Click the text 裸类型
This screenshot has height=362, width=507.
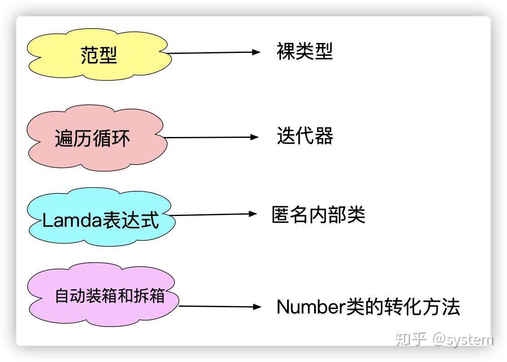pos(305,52)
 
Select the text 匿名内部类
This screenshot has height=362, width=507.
pos(318,215)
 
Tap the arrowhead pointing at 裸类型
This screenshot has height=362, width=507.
pos(256,52)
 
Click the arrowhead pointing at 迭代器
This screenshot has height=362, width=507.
pos(255,137)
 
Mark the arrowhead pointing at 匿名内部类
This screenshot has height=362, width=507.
pos(253,214)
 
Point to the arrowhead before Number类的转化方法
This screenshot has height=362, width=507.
pos(257,307)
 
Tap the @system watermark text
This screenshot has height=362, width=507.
pos(462,339)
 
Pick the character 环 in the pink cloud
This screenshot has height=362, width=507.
pos(121,138)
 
